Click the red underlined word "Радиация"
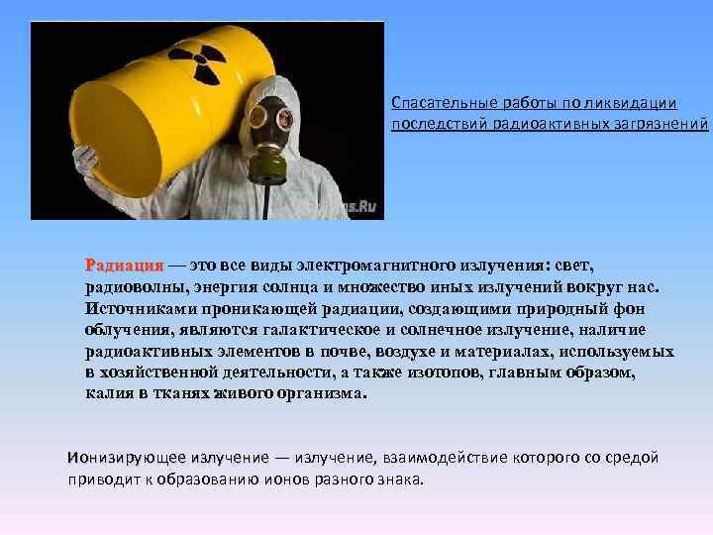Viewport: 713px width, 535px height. point(124,266)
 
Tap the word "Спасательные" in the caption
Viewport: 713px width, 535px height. point(432,103)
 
